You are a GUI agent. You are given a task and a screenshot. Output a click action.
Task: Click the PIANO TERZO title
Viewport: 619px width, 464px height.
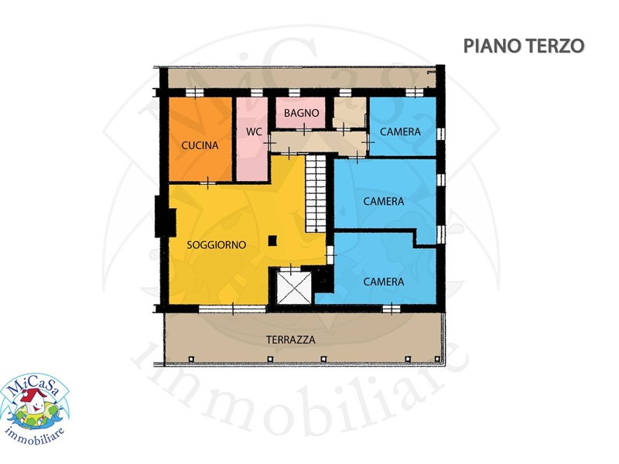coord(524,46)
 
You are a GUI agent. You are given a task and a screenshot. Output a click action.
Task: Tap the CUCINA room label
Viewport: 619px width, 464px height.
coord(200,145)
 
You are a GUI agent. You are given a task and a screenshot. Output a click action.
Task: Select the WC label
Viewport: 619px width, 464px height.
coord(254,131)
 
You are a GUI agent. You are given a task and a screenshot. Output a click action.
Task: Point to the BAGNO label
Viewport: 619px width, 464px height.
coord(301,113)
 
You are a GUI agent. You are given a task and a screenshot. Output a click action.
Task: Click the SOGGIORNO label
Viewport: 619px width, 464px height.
coord(217,245)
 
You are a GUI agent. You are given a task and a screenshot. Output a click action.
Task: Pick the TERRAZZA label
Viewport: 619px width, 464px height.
coord(291,339)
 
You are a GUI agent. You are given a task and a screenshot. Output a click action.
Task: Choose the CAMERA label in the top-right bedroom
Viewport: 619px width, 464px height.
coord(400,131)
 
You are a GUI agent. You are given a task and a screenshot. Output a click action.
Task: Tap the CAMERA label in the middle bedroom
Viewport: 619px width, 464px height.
coord(384,202)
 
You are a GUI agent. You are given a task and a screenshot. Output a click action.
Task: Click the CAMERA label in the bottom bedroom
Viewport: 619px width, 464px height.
coord(384,281)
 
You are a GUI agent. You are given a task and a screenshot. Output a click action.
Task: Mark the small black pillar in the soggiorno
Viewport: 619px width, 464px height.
coord(272,241)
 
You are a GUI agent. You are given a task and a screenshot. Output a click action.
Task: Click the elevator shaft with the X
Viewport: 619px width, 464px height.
coord(294,288)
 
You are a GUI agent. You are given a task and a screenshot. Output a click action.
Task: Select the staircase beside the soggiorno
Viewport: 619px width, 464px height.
coord(316,193)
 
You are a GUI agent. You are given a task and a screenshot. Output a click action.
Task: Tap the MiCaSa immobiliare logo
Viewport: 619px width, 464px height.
coord(34,409)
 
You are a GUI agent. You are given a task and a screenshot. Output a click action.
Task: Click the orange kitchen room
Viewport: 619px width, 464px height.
coord(200,139)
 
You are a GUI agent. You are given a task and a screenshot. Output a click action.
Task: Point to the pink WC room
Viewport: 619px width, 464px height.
coord(252,139)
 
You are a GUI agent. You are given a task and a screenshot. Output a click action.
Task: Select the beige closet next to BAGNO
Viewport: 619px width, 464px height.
coord(349,112)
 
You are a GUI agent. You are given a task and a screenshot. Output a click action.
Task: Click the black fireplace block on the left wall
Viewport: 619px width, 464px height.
coord(165,217)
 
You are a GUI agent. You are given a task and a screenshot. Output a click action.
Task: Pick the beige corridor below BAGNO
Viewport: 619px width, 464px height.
coord(319,142)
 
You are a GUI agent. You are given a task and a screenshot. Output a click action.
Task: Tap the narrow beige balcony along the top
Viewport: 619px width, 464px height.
coord(302,78)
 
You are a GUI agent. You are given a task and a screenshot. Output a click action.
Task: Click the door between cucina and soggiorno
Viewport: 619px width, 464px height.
coord(208,183)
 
